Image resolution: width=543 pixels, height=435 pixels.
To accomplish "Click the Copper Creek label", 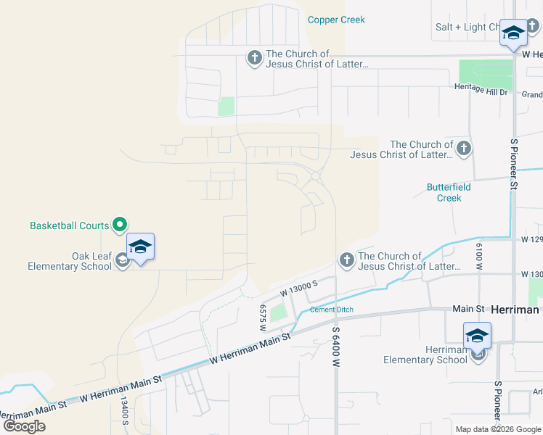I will click(x=336, y=20).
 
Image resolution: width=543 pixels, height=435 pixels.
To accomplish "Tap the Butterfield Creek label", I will click(x=449, y=192).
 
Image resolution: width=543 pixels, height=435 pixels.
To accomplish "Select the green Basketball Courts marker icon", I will click(x=121, y=225).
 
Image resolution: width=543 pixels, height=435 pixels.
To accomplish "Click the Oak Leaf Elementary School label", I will click(x=70, y=261).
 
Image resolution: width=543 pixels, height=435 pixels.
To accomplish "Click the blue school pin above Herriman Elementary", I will click(x=477, y=336).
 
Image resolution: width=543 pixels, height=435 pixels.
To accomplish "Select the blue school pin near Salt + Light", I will click(x=513, y=33).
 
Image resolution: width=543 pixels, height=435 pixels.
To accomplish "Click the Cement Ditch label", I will click(x=332, y=310).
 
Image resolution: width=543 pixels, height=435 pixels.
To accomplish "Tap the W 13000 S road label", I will click(x=300, y=289).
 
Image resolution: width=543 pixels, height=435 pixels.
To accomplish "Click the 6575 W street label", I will click(x=262, y=317).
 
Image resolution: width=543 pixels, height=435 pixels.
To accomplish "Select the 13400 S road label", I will click(x=125, y=411).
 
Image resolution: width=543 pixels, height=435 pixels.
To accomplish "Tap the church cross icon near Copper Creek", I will click(x=254, y=58).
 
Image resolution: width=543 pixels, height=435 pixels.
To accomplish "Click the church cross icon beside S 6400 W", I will click(x=346, y=260).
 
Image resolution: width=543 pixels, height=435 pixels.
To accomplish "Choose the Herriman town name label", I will click(x=515, y=310).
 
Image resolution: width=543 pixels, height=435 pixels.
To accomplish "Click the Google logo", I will click(x=24, y=426).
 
